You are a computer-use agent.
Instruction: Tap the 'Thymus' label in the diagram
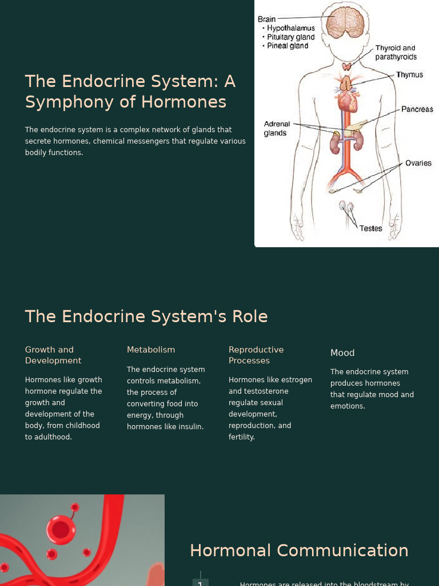point(409,75)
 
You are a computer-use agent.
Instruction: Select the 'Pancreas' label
point(417,109)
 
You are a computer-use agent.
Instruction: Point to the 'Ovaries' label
point(418,163)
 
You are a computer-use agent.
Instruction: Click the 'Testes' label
point(370,228)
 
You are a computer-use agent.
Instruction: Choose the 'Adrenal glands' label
point(277,128)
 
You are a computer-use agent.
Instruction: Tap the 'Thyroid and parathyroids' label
point(396,52)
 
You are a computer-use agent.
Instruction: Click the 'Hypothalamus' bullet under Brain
point(291,28)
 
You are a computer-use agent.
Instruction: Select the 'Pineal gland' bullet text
point(288,46)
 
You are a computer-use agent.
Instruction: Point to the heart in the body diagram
point(346,101)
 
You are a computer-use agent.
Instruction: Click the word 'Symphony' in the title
point(60,102)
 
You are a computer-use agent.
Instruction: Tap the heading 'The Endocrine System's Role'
point(146,316)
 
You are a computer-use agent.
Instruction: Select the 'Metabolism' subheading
point(151,350)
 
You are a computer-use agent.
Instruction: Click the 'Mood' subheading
point(342,353)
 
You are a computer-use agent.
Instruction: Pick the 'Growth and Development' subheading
point(53,355)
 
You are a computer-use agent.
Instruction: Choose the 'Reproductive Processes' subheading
point(256,355)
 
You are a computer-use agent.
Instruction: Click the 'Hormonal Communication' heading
point(299,551)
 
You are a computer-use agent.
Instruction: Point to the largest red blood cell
point(61,529)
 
